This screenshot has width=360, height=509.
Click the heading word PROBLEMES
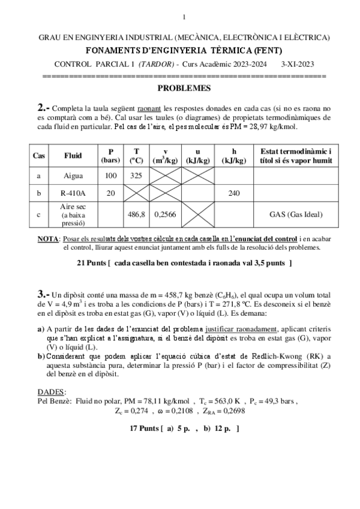[x=184, y=88]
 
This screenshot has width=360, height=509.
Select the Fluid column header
[x=73, y=155]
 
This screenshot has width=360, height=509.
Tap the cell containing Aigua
[x=73, y=176]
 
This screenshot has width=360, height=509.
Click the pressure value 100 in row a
[x=110, y=176]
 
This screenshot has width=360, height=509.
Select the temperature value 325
[x=136, y=176]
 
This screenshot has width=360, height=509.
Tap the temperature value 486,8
[x=136, y=214]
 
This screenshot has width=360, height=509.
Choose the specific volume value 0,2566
[x=165, y=214]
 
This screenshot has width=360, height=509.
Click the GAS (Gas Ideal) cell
[x=292, y=214]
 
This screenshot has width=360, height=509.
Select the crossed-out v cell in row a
[x=165, y=176]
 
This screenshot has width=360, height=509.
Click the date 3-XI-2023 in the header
[x=302, y=64]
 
